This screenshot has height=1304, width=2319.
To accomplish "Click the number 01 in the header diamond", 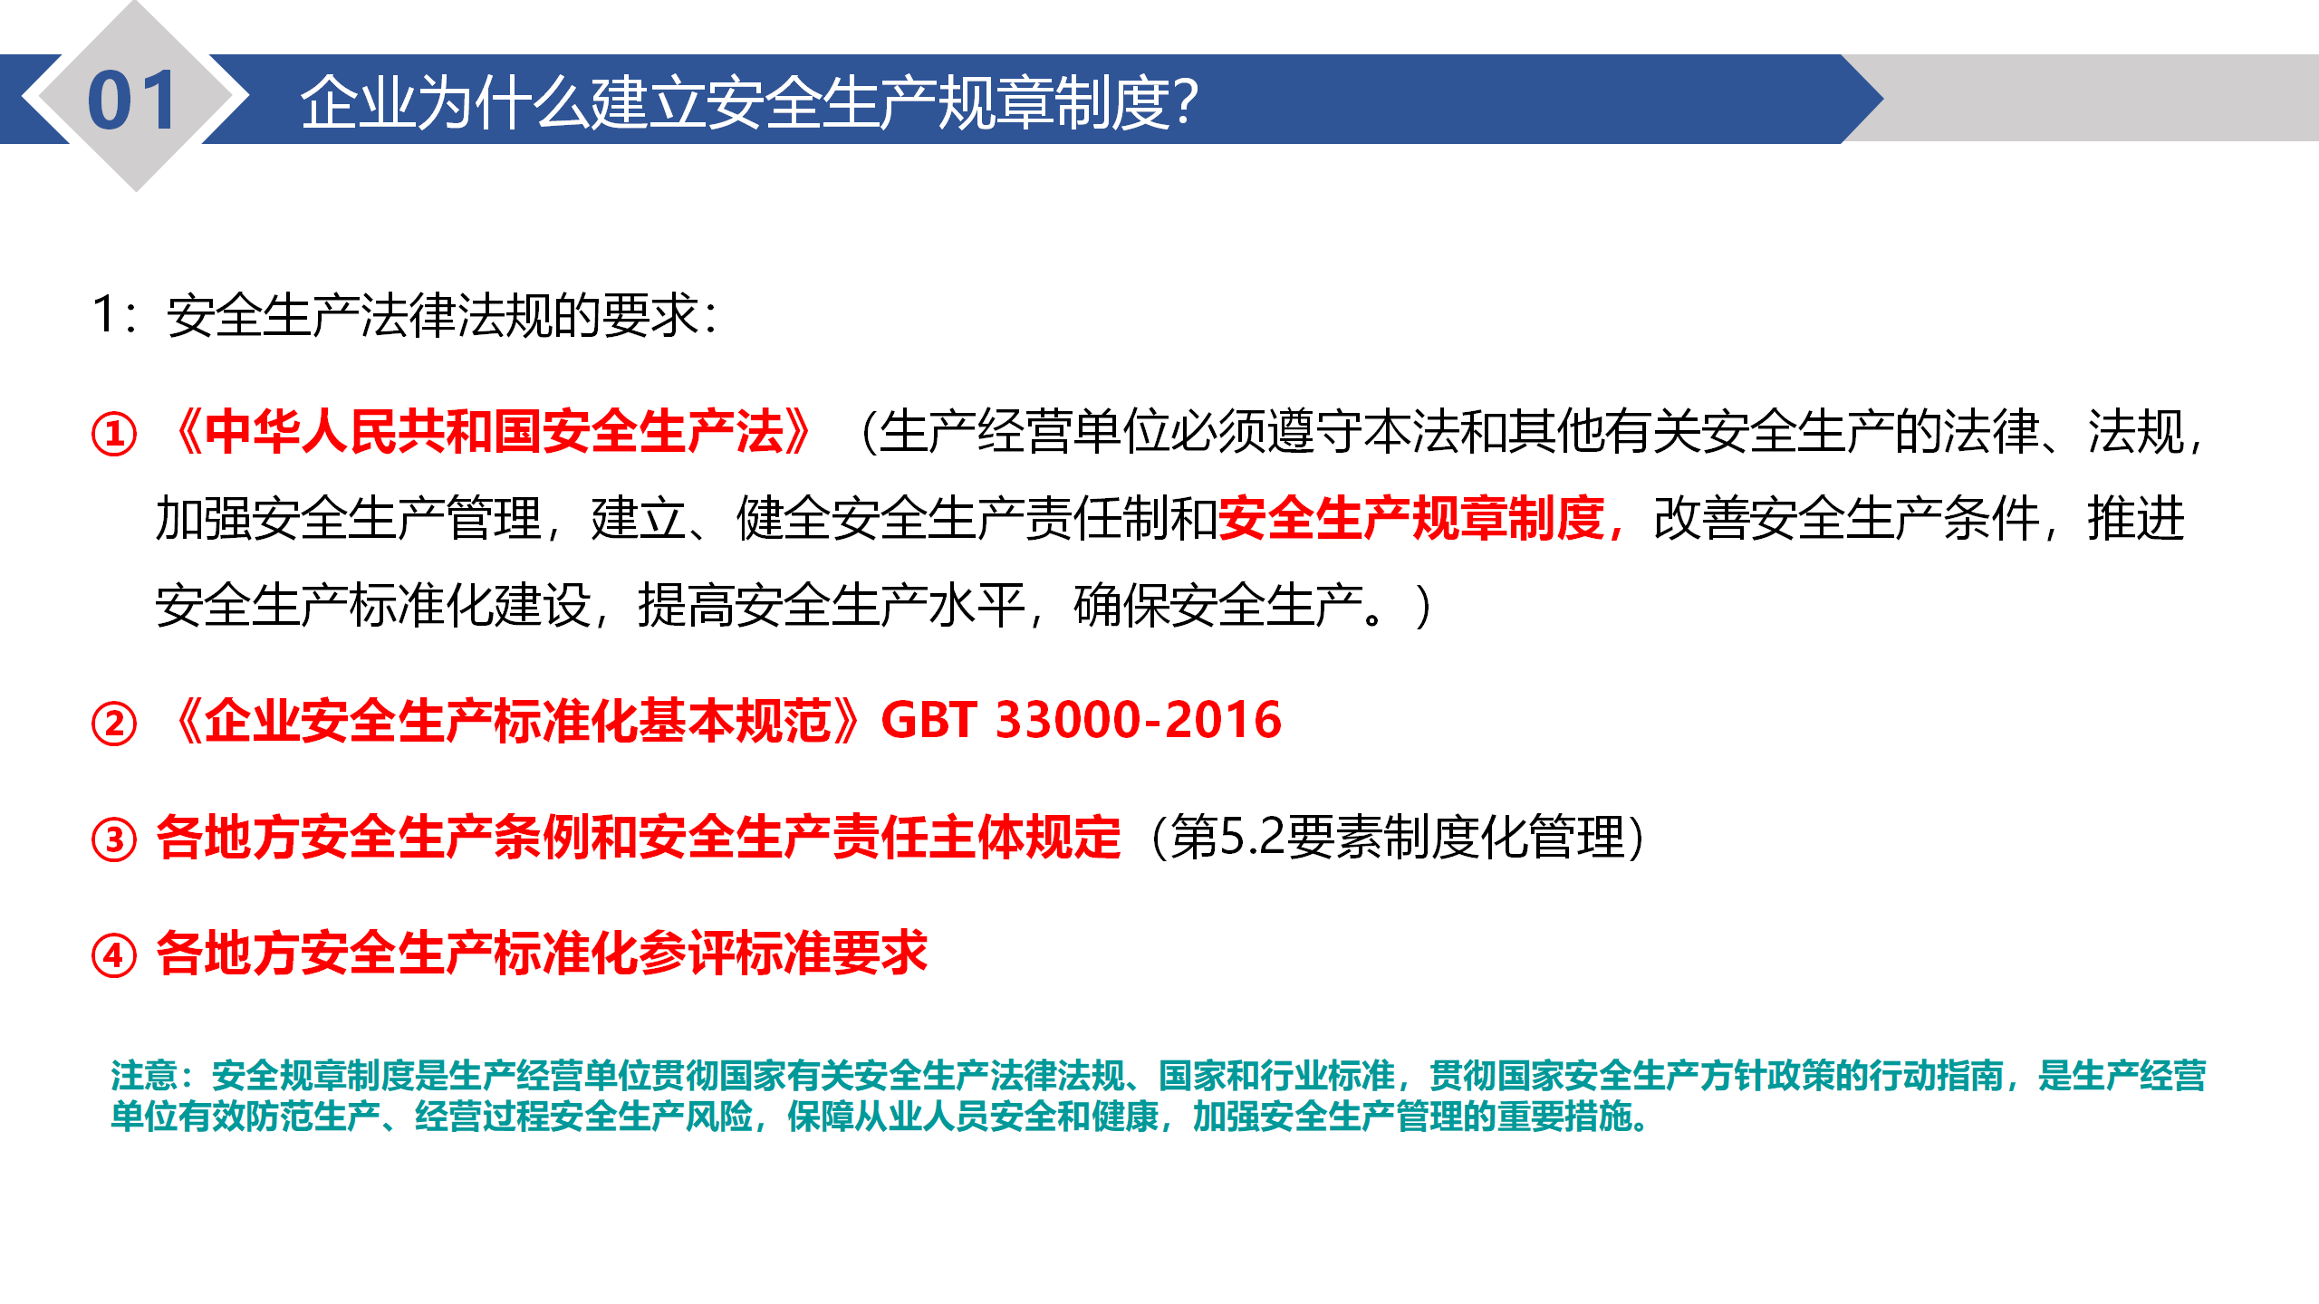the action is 132,101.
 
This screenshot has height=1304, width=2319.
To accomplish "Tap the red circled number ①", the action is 114,434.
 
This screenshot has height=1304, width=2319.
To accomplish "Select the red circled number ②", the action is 114,724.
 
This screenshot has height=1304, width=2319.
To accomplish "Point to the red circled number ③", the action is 114,839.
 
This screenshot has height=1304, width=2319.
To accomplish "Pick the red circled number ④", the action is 114,955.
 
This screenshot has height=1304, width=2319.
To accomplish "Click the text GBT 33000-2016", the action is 1081,721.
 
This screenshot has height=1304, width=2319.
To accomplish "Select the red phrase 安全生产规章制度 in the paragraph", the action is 1411,519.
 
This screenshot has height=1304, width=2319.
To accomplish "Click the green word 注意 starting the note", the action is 144,1076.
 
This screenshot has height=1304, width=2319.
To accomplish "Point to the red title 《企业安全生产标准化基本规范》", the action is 517,722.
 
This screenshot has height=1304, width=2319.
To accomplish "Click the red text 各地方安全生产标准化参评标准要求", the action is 542,954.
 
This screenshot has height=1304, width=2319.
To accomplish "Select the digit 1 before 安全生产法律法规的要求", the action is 103,315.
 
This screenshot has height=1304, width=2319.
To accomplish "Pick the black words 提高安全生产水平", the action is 832,606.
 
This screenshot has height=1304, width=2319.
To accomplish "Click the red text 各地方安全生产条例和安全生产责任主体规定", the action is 639,837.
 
